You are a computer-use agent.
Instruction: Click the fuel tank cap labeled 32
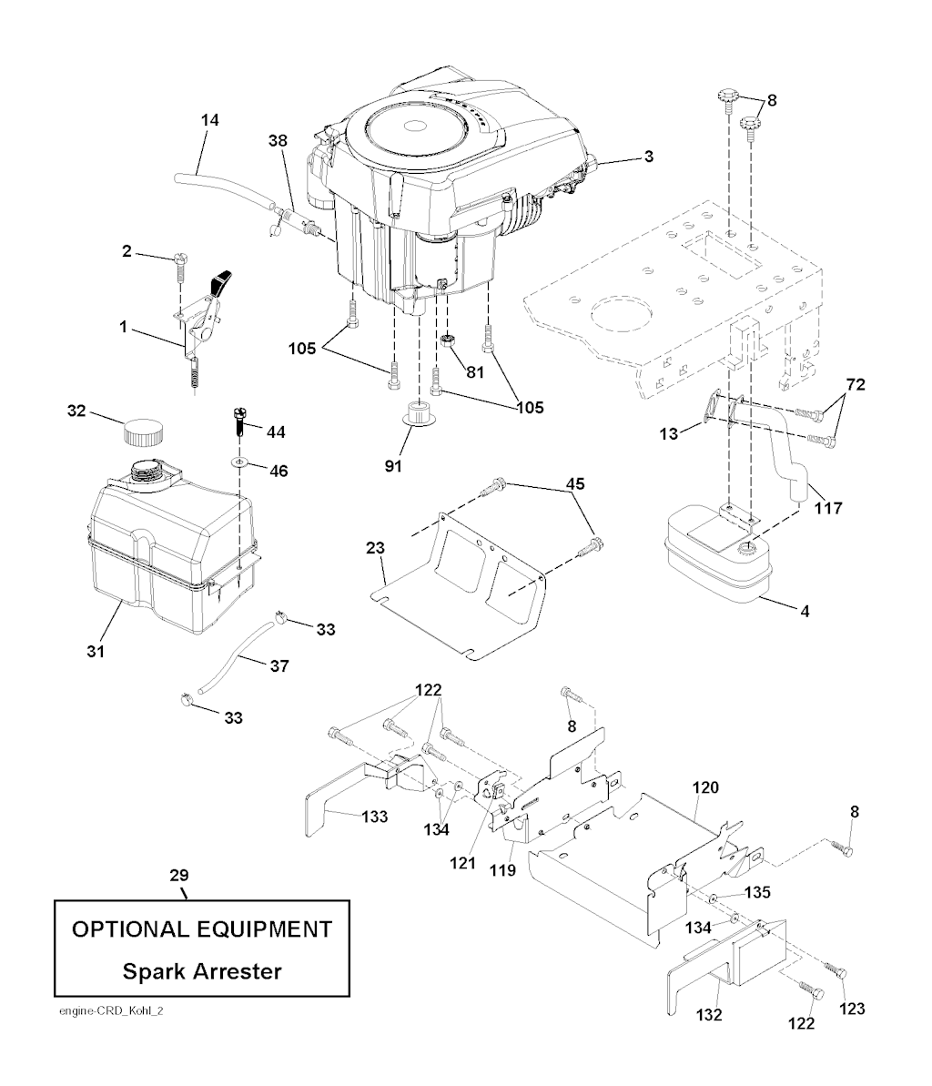coord(145,430)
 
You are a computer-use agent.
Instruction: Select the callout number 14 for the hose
coord(211,119)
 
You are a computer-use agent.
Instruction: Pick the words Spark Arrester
coord(202,970)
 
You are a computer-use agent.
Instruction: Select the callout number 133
coord(374,817)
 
